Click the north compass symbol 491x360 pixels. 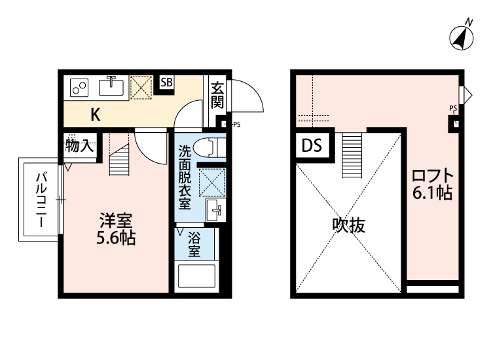click(x=462, y=37)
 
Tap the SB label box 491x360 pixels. click(x=167, y=82)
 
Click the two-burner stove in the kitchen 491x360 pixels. click(x=80, y=87)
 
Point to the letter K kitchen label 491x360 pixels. click(x=95, y=115)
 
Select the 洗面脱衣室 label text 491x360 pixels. click(x=185, y=177)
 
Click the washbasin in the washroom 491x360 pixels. click(x=215, y=210)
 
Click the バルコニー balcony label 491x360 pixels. click(x=41, y=200)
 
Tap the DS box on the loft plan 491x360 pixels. click(x=312, y=146)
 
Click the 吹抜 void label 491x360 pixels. click(x=348, y=226)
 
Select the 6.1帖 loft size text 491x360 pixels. click(x=433, y=194)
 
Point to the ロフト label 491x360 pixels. click(x=432, y=177)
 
